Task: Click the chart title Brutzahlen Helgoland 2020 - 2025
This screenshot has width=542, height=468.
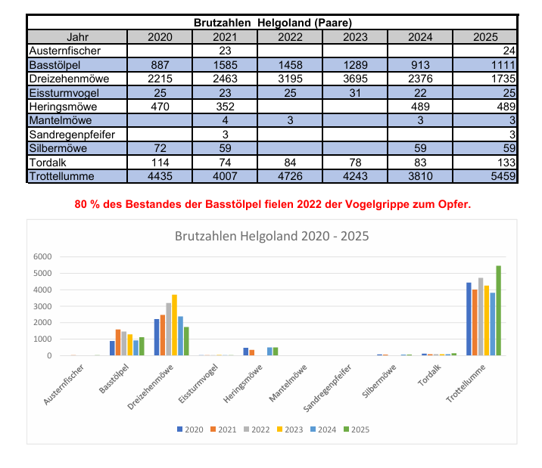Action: (x=271, y=236)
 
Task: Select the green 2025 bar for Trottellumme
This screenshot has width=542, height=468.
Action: (x=498, y=310)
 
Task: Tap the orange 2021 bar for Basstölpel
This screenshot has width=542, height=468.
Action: (x=118, y=342)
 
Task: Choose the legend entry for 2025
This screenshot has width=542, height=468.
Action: (x=357, y=429)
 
